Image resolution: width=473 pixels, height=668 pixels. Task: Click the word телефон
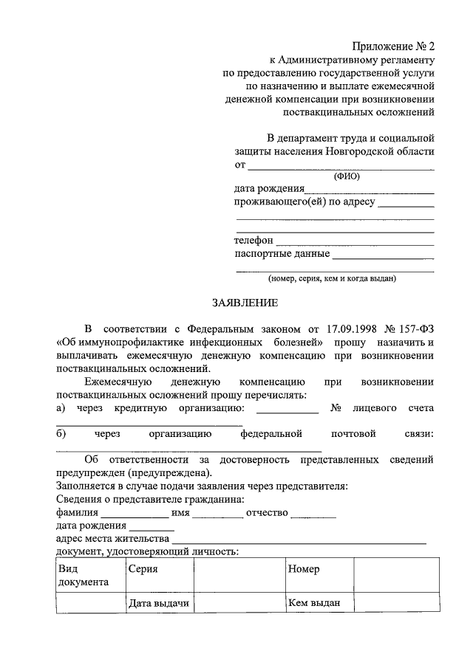pyautogui.click(x=253, y=241)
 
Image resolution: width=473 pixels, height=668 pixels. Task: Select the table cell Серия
pyautogui.click(x=143, y=570)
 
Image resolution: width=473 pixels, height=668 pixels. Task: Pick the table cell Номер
pyautogui.click(x=304, y=570)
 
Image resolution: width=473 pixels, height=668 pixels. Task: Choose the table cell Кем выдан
pyautogui.click(x=314, y=604)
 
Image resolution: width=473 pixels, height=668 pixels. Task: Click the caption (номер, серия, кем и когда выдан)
pyautogui.click(x=333, y=279)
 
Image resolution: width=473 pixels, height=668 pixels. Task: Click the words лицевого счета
pyautogui.click(x=395, y=408)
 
